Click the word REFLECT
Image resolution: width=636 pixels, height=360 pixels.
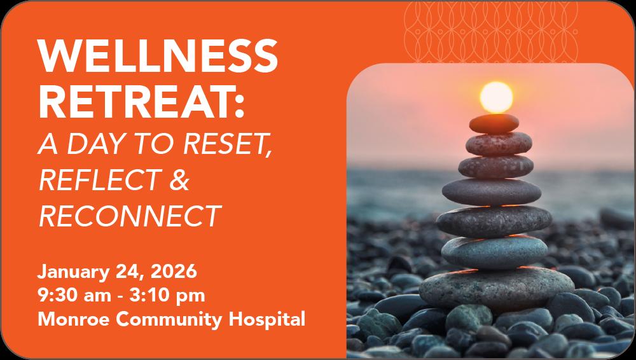click(99, 180)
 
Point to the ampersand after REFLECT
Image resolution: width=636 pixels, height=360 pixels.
click(179, 180)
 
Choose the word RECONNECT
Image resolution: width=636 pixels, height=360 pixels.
click(130, 216)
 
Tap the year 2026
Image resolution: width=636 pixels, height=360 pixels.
click(174, 272)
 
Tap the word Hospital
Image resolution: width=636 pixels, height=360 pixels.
click(267, 320)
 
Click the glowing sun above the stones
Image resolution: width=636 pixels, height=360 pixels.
click(496, 97)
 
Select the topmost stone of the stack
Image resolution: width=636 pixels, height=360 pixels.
click(494, 123)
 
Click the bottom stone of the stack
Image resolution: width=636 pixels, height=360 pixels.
click(497, 289)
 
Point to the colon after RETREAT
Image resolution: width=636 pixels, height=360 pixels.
click(239, 106)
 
